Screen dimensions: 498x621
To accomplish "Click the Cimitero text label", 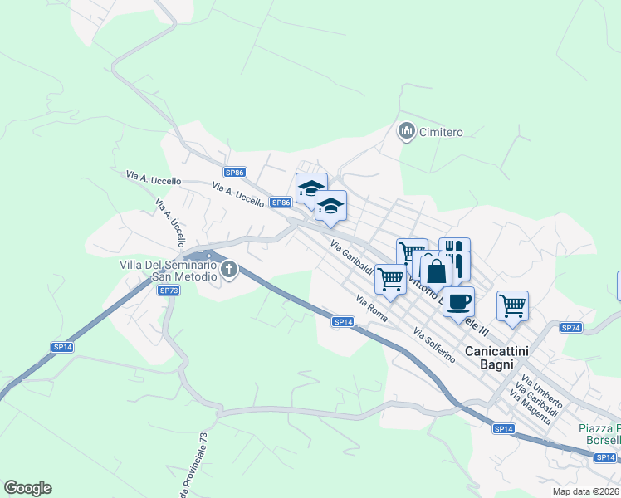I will coord(441,132).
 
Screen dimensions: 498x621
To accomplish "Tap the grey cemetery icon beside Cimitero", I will coord(407,131).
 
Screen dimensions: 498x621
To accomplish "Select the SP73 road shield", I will coord(169,290).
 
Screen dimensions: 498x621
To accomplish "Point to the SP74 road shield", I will coord(570,328).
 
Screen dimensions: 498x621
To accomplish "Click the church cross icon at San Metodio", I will coord(228,269).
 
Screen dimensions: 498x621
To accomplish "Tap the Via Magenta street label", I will coord(530,407).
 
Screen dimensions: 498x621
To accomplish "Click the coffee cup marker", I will coord(457,301).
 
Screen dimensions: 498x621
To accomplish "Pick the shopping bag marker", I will coord(436,270).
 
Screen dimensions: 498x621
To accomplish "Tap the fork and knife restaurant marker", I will coord(455,253).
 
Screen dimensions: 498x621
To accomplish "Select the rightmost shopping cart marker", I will coord(512,305).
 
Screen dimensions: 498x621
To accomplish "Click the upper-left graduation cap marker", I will coord(311,188).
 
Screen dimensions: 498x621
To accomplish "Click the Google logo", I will coord(27,488).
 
